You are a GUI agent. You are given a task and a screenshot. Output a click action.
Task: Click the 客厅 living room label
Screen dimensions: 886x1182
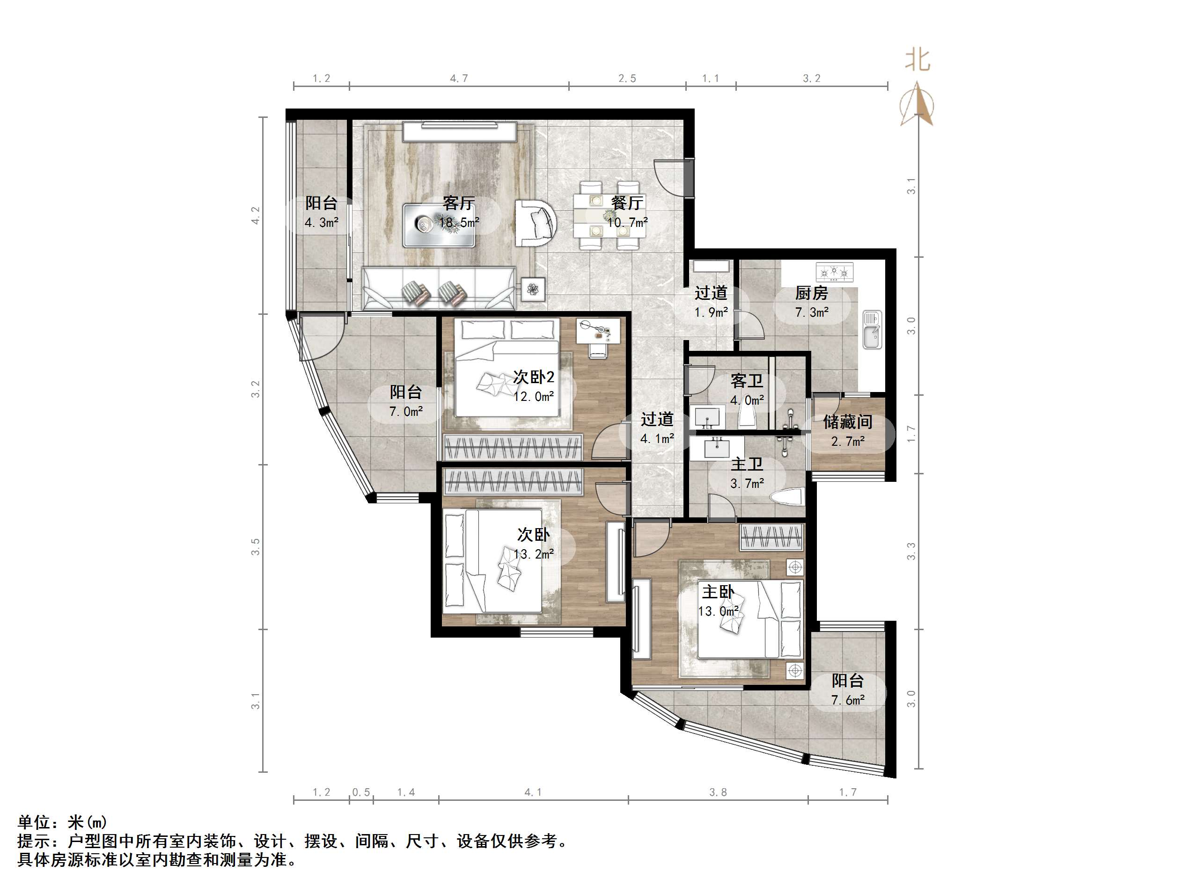coord(458,203)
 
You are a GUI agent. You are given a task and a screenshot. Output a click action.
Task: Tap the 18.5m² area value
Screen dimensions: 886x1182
coord(458,222)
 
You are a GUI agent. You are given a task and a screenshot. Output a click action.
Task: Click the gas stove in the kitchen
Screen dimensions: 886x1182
coord(834,272)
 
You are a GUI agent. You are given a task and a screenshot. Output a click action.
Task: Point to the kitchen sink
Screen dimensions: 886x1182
coord(872,329)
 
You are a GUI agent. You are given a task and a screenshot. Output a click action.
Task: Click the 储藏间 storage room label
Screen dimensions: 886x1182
coord(847,422)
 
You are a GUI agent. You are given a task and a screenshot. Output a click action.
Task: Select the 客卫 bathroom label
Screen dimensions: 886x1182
coord(747,381)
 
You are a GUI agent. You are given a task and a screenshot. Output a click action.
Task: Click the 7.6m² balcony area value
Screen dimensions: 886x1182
coord(847,700)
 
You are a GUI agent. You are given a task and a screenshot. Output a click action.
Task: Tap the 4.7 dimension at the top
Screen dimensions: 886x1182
coord(458,79)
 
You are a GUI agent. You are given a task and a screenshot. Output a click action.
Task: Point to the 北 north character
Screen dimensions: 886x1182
coord(917,60)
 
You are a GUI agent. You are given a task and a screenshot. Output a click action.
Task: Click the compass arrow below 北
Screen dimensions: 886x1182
coord(917,105)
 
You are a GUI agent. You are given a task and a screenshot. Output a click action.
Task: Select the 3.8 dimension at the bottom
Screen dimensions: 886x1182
coord(718,792)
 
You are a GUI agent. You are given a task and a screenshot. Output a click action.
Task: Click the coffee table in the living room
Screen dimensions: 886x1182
coord(439,225)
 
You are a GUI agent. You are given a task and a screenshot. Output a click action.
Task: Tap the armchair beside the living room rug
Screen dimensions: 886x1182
coord(536,223)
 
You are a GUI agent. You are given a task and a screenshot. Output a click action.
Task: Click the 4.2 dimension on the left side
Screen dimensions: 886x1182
coord(256,215)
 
